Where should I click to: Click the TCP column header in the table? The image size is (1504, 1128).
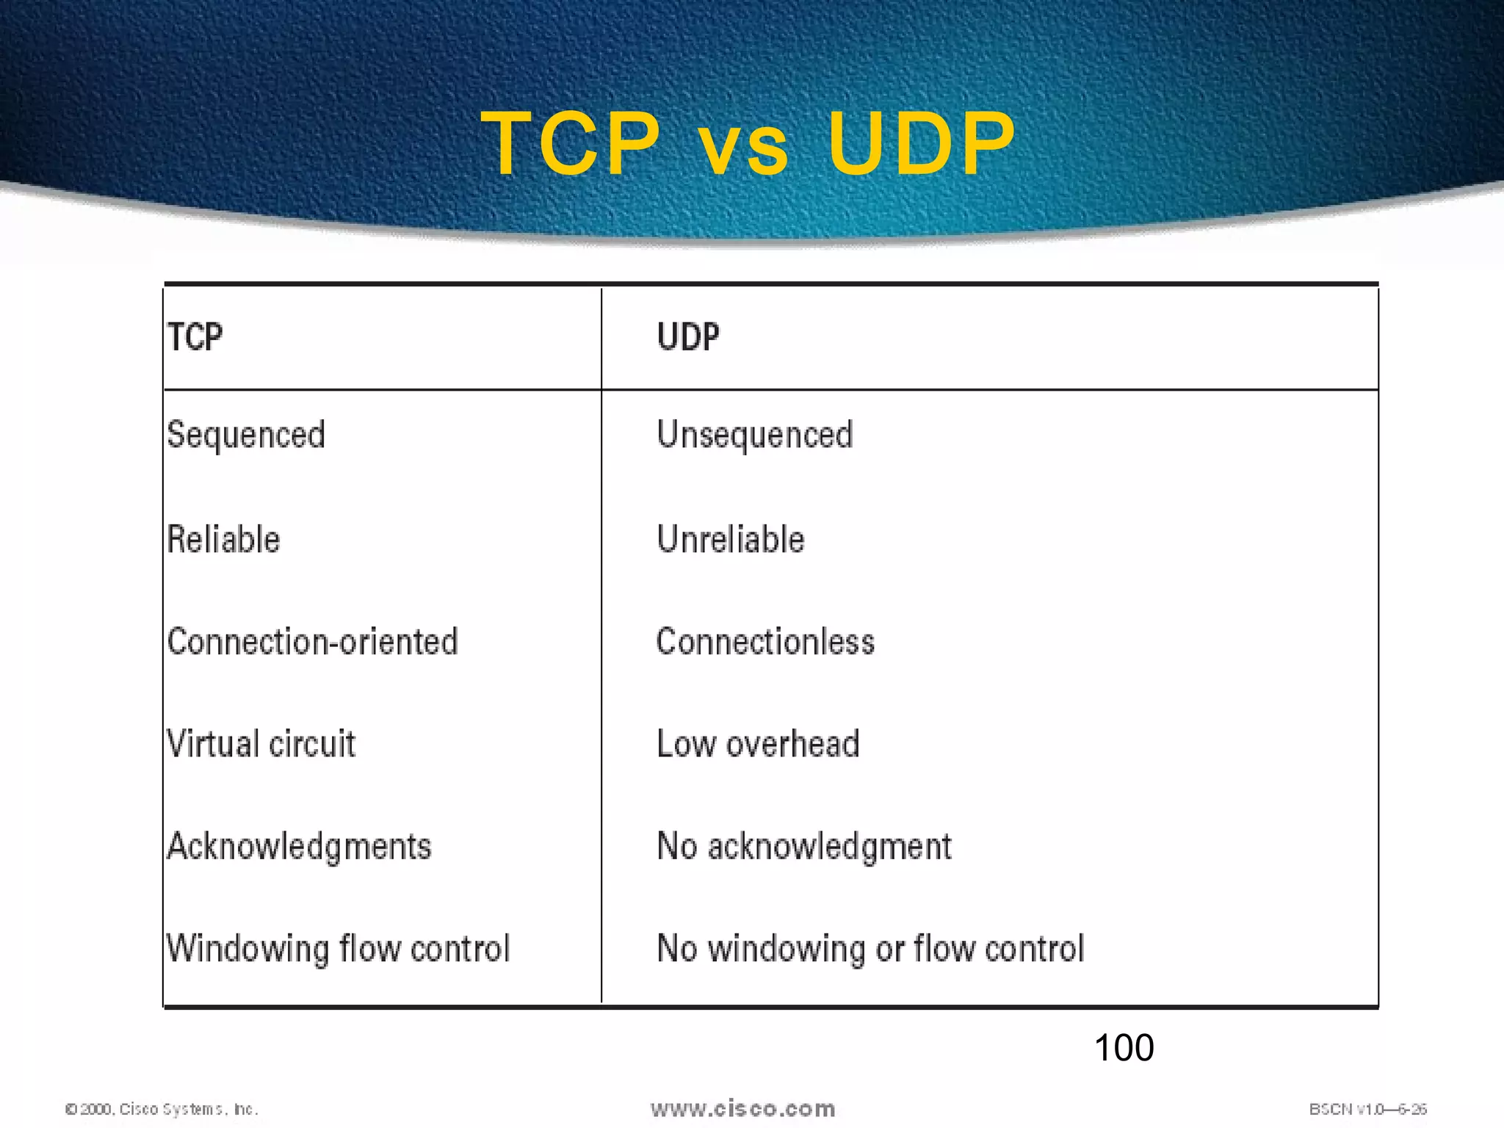point(195,338)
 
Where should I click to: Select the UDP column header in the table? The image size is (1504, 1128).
point(688,338)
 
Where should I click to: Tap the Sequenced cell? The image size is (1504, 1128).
point(246,435)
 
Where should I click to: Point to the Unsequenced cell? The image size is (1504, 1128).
point(755,435)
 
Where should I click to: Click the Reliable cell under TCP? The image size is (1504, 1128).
point(224,540)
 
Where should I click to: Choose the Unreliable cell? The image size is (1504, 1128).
point(731,540)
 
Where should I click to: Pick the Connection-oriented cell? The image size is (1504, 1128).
point(313,642)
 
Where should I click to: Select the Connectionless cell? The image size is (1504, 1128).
point(765,642)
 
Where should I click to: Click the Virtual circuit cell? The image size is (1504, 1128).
point(261,744)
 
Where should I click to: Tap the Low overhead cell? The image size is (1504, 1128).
point(758,744)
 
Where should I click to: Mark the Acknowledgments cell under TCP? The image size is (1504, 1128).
point(300,847)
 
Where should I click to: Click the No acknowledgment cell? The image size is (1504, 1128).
point(804,847)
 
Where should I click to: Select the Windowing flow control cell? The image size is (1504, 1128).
point(339,948)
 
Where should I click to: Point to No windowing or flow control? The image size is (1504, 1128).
point(870,948)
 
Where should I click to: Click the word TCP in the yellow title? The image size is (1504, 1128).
point(571,143)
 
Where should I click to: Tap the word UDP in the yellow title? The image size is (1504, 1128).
point(921,143)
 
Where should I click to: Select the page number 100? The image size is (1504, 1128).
point(1124,1047)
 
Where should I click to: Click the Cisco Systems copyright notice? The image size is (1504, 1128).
point(162,1109)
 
